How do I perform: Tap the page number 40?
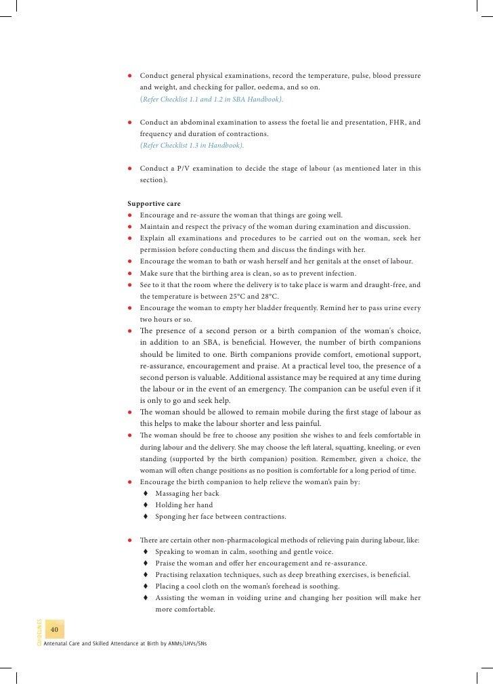[56, 630]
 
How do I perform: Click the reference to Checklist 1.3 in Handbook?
[192, 145]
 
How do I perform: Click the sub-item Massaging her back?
[187, 493]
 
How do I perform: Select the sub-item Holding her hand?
[184, 505]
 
